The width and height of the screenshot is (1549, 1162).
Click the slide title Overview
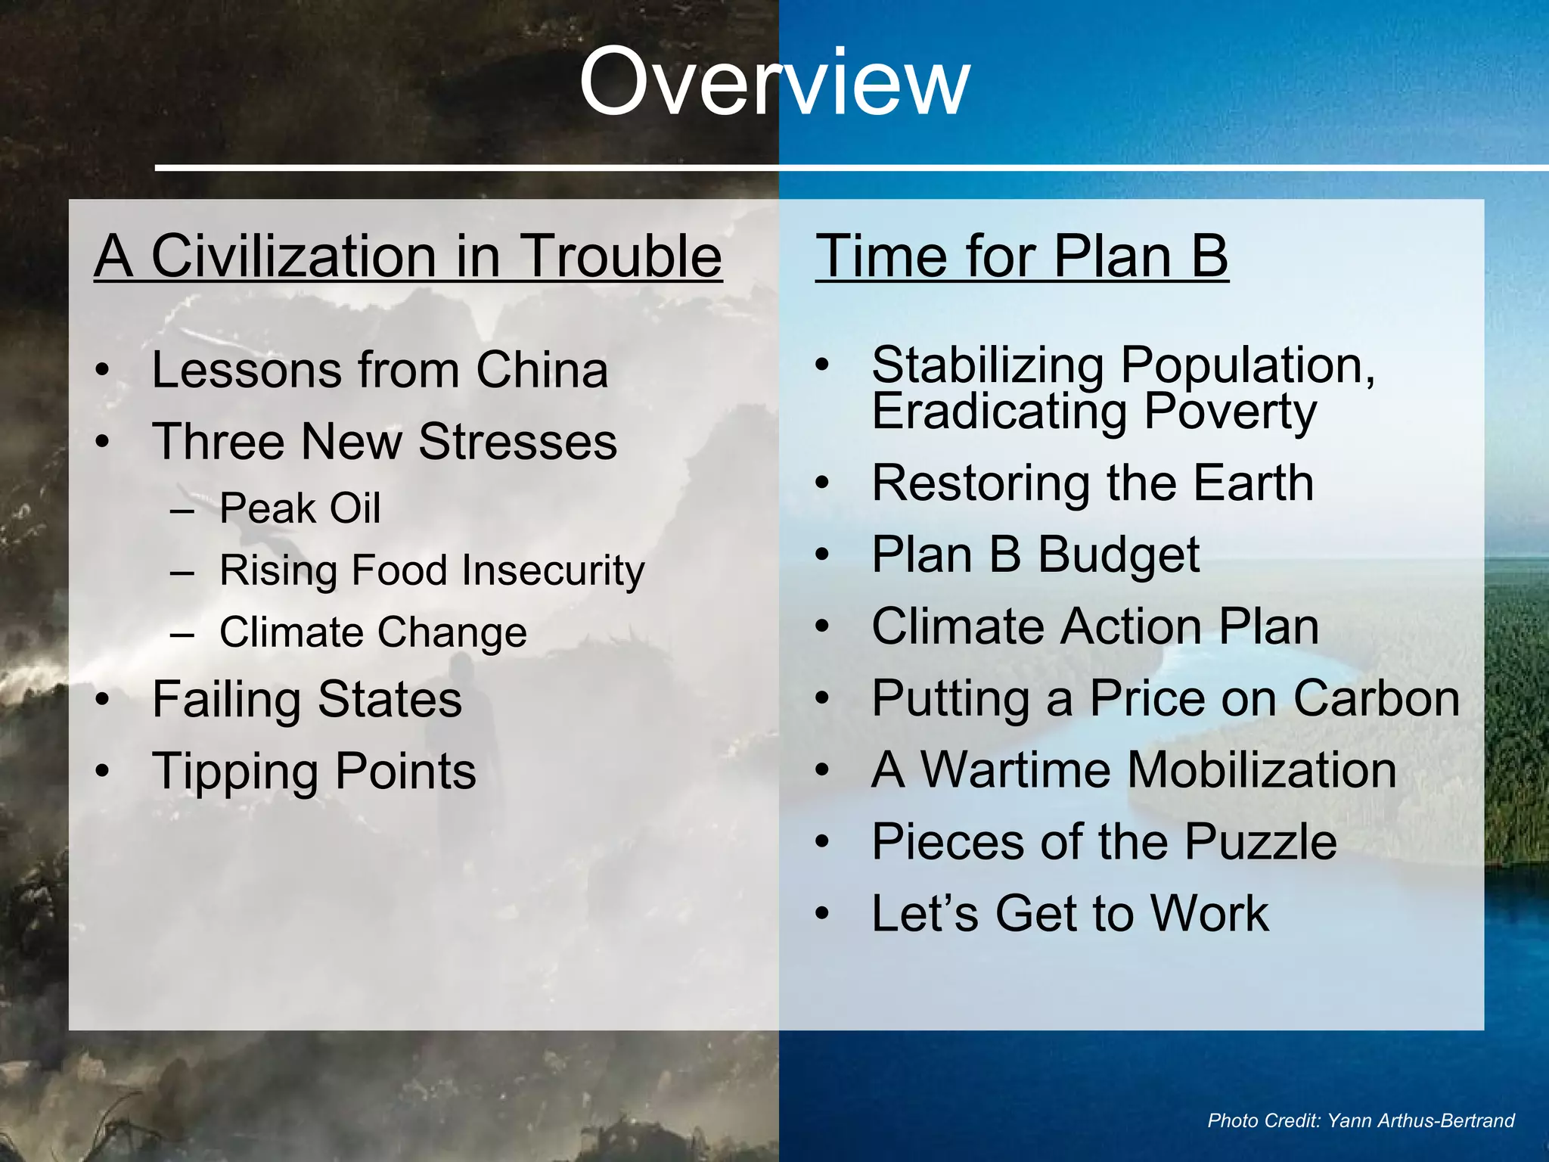coord(774,82)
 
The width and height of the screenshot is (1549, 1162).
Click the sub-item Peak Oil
coord(300,508)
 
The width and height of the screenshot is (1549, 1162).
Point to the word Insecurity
coord(553,570)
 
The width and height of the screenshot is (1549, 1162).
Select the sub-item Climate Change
coord(373,632)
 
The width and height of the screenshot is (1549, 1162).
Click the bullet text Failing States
coord(306,699)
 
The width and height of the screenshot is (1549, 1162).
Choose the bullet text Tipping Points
coord(314,771)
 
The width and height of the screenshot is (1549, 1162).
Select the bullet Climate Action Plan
coord(1094,626)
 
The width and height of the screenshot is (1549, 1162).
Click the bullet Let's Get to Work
coord(1069,913)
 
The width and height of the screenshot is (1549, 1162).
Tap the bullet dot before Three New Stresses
coord(103,442)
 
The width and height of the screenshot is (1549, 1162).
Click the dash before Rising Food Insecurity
coord(182,571)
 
